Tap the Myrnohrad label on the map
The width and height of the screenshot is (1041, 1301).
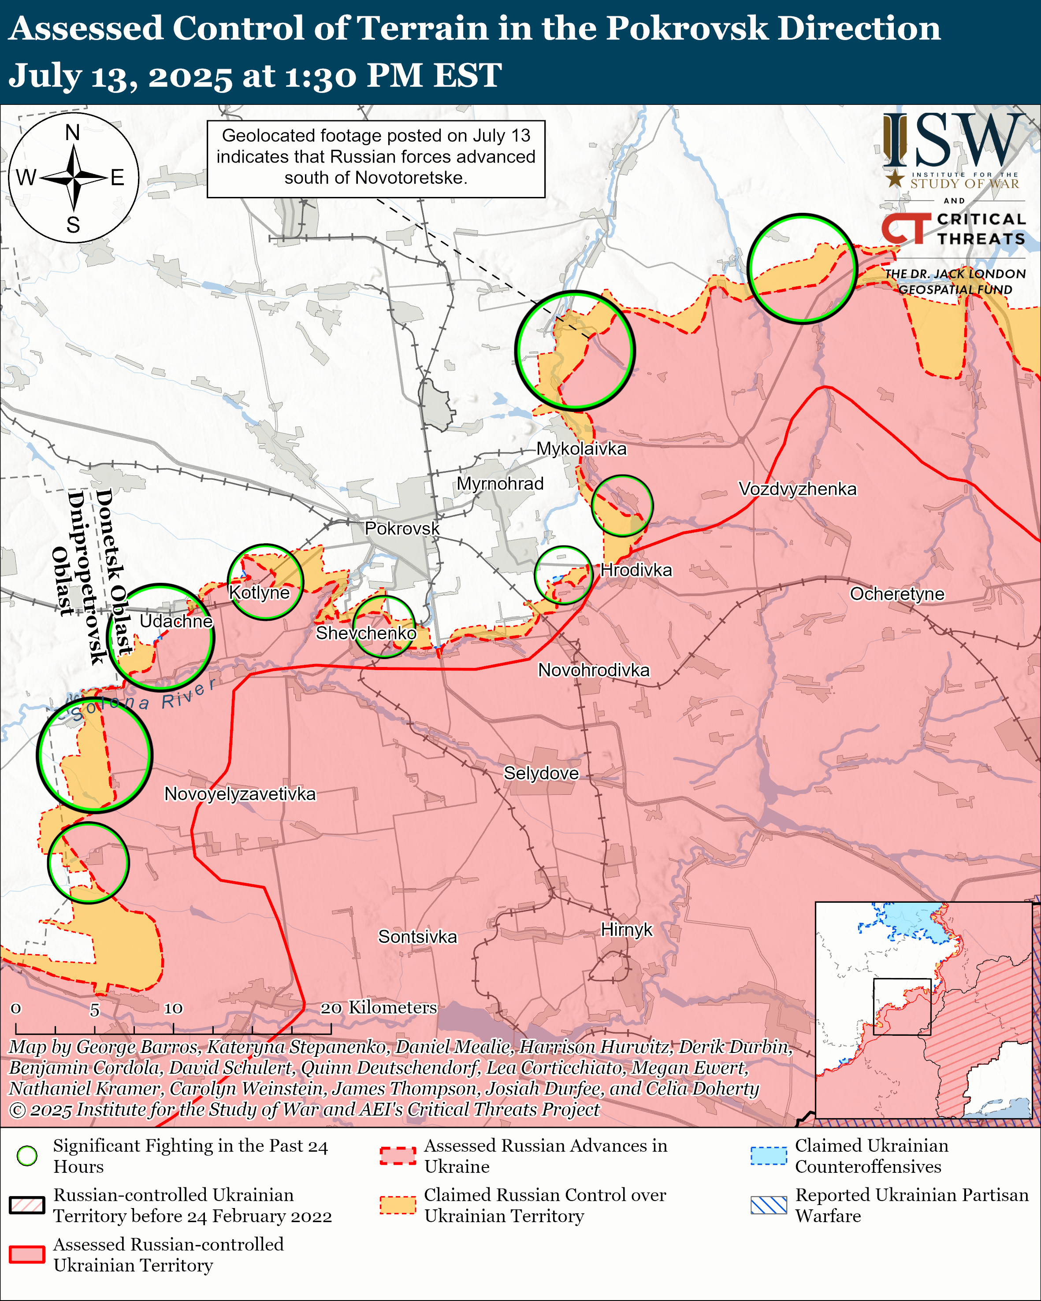[x=500, y=483]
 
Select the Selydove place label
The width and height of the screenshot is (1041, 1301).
[x=541, y=773]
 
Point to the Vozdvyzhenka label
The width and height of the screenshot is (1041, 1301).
[x=797, y=489]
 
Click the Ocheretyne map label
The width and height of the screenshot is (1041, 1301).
[x=897, y=594]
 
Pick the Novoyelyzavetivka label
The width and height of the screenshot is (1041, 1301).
[x=240, y=793]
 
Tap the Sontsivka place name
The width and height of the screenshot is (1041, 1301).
[x=418, y=937]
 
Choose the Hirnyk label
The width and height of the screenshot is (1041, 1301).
[x=626, y=929]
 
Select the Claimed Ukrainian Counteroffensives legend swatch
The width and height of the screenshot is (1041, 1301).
[x=768, y=1156]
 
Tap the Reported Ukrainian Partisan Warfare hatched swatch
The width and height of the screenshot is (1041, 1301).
[x=768, y=1205]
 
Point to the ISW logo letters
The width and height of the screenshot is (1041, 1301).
[x=953, y=142]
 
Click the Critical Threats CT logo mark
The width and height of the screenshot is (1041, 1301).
[x=905, y=229]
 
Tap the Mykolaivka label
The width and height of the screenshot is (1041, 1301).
[x=581, y=448]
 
